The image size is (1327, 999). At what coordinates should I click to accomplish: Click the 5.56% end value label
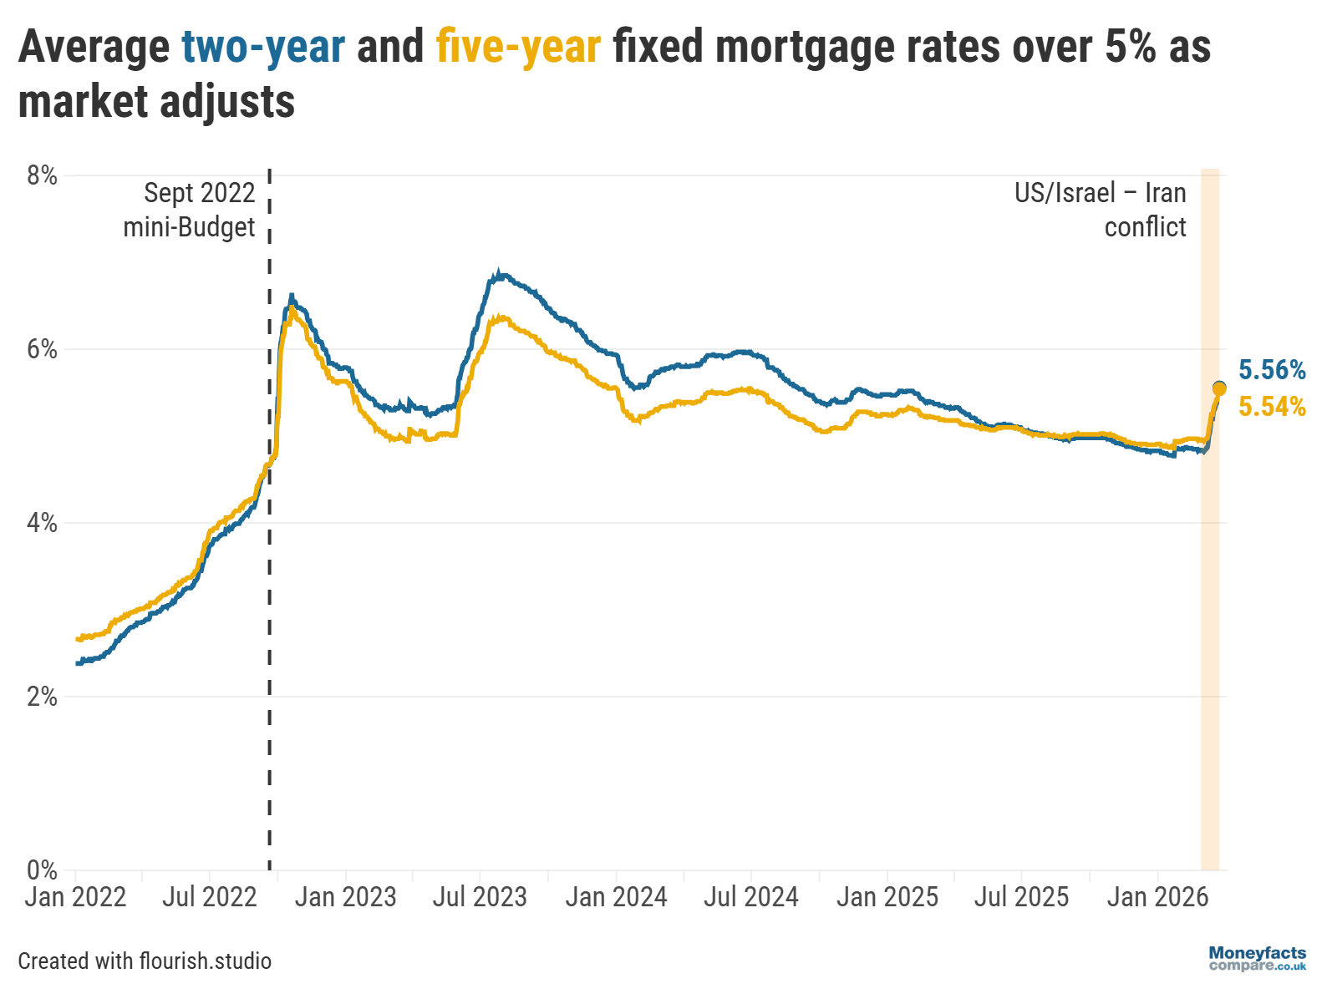(1271, 370)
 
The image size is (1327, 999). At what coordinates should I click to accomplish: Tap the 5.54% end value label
(1271, 407)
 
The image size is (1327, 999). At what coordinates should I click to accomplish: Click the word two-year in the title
(263, 47)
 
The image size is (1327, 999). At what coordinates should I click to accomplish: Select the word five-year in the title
(518, 47)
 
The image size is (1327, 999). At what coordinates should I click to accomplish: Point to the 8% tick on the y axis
(42, 175)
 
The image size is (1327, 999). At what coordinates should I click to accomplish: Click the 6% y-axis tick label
(42, 349)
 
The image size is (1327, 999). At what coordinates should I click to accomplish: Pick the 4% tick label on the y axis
(42, 523)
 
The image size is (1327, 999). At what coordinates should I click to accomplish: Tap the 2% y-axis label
(42, 697)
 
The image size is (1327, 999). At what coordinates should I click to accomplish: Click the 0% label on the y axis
(42, 870)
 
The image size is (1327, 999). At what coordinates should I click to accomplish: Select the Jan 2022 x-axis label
(75, 897)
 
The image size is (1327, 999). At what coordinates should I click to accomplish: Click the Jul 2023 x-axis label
(480, 897)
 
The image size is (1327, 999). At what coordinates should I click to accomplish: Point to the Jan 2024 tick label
(616, 897)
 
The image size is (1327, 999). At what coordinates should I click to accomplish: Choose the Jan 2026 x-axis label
(1157, 897)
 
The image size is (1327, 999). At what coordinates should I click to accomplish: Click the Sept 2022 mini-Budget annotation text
(190, 210)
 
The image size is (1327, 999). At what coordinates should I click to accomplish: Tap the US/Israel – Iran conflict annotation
(1101, 210)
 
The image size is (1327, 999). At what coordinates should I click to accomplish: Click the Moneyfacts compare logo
(1257, 959)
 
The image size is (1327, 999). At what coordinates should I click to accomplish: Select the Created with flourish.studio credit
(145, 961)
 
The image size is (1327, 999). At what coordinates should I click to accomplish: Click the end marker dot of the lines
(1219, 388)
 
